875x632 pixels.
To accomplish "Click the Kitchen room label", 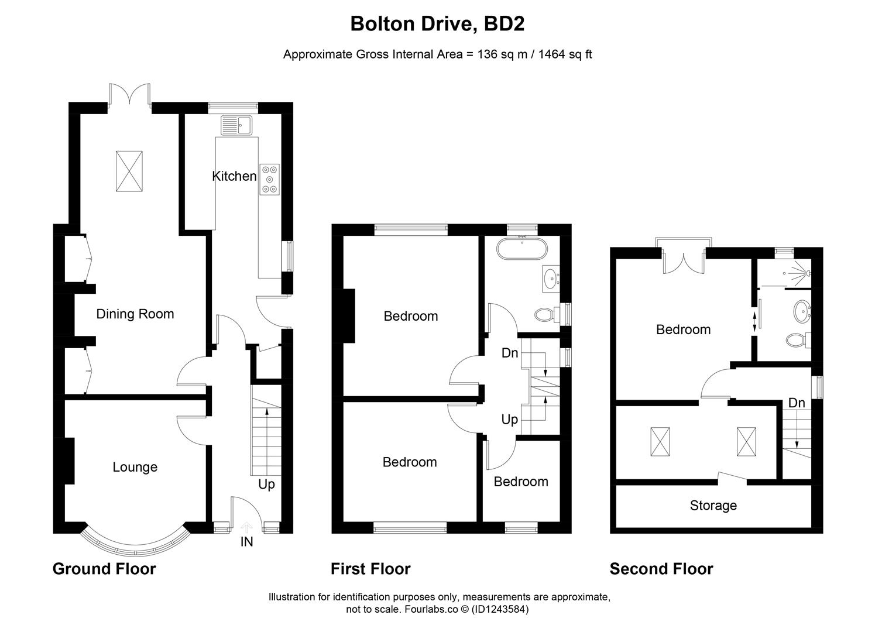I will click(x=234, y=176).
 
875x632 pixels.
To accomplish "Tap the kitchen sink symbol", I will click(x=236, y=125).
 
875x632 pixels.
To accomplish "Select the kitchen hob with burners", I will click(x=270, y=178).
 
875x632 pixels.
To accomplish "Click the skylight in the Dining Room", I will click(x=129, y=170).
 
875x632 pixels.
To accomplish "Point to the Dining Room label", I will click(x=135, y=314).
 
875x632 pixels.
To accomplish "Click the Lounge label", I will click(x=135, y=467).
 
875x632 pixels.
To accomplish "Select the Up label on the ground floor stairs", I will click(x=266, y=485).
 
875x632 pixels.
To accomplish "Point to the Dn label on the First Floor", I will click(x=510, y=353).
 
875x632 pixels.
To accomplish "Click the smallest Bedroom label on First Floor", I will click(x=521, y=482).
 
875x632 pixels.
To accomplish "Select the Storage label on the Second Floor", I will click(x=713, y=506).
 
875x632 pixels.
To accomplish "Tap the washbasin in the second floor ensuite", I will click(x=801, y=310).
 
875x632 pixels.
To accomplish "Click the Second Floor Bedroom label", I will click(x=683, y=329).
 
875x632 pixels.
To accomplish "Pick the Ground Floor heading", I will click(x=104, y=569).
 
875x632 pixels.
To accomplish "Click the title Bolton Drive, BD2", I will click(x=437, y=24).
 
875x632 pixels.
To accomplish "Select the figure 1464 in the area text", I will click(x=552, y=54).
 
